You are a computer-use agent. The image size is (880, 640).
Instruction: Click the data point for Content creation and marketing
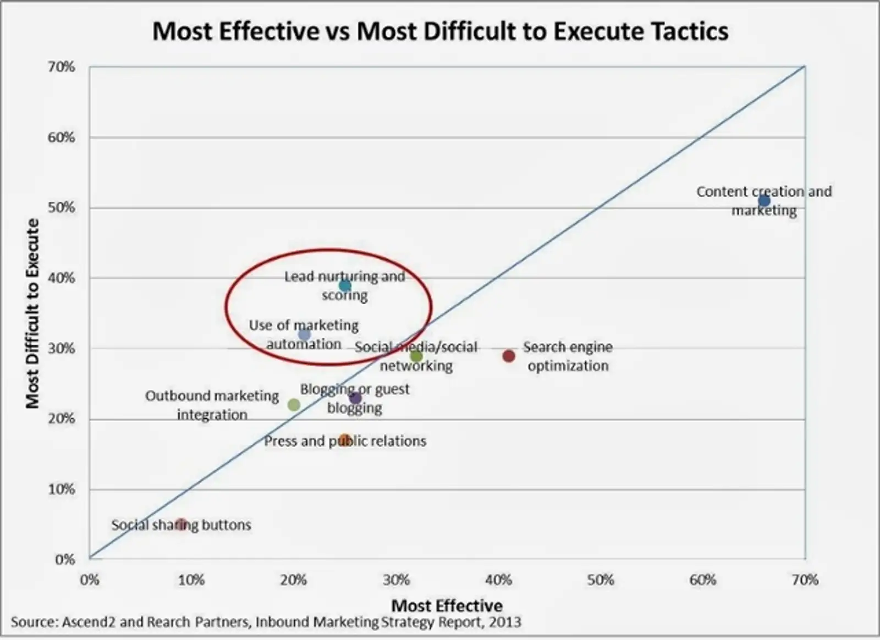764,201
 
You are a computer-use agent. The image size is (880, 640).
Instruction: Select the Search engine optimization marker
509,356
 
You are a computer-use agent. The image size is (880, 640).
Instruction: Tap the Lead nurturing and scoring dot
345,285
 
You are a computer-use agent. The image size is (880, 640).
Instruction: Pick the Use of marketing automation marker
304,334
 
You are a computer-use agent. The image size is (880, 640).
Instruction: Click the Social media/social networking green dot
416,356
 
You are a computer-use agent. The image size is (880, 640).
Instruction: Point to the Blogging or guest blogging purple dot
355,398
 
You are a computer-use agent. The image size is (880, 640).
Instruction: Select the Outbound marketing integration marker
294,405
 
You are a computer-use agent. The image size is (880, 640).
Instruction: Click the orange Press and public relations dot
345,440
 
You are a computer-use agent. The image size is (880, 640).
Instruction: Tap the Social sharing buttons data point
181,524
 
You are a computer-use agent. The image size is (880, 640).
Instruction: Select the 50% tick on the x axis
600,580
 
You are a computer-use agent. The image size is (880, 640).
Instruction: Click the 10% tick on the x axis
191,580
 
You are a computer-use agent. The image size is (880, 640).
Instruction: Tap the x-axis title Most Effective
447,605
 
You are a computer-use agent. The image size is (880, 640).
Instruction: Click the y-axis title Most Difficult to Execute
33,313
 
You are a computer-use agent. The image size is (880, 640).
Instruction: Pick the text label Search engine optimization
568,356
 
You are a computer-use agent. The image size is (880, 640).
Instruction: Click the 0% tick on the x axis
90,580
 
